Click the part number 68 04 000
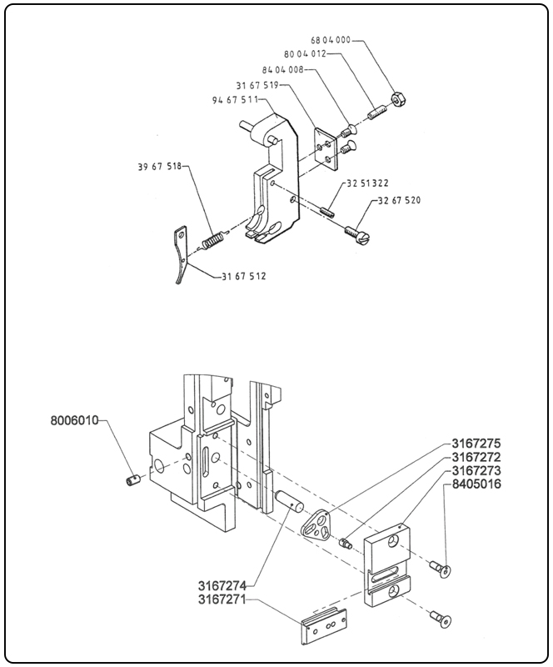point(331,40)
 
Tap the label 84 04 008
point(282,70)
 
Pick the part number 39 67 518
point(159,167)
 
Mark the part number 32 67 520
point(399,201)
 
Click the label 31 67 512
point(244,277)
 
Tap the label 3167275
point(476,443)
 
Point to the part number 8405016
point(476,484)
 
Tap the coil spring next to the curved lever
point(213,240)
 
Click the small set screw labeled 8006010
point(132,482)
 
